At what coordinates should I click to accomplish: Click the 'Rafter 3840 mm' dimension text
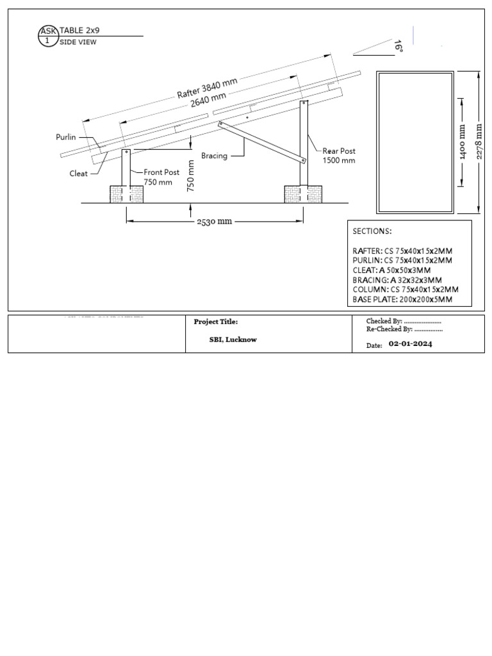[207, 88]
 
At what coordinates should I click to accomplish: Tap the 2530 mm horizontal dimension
[215, 222]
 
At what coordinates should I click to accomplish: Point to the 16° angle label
[398, 46]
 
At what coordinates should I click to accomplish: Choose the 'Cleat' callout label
[79, 173]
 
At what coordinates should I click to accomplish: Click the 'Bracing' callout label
[214, 156]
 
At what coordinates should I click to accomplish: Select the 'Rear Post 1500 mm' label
[338, 156]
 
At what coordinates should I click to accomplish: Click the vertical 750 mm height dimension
[190, 176]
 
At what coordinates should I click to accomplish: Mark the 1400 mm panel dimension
[462, 143]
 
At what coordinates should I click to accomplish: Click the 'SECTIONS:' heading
[372, 231]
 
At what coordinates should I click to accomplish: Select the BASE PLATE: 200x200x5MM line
[402, 299]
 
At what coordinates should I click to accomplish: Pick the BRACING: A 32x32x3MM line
[397, 280]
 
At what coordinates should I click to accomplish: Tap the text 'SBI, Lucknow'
[233, 340]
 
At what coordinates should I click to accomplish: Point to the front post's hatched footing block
[126, 194]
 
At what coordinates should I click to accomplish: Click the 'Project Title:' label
[215, 322]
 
